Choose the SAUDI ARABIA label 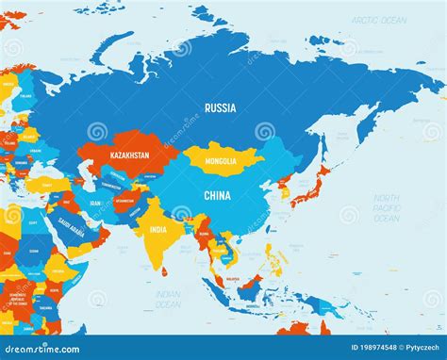pos(70,228)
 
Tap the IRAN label pos(94,203)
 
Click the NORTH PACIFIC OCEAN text pos(386,208)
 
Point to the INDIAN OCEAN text pos(167,299)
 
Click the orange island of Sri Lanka pos(165,271)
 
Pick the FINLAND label pos(25,95)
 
